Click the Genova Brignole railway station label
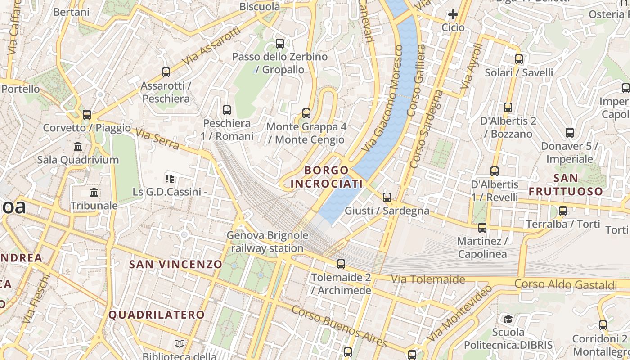(267, 242)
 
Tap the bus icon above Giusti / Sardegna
(387, 197)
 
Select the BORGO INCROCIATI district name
(327, 177)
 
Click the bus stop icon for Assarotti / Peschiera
(166, 72)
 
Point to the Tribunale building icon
(94, 193)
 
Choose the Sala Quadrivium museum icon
(78, 147)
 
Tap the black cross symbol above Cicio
(453, 15)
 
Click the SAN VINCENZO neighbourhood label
(176, 265)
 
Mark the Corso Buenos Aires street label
(339, 327)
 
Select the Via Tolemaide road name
(427, 279)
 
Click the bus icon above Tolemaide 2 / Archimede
(341, 264)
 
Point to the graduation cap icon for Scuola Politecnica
(508, 319)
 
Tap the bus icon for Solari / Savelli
(519, 59)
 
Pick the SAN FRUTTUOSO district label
(566, 184)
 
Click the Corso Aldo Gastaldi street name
(566, 285)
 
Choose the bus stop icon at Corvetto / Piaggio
(87, 115)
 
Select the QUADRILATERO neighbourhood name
(157, 315)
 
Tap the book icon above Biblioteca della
(180, 344)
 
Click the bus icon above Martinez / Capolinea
(482, 228)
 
